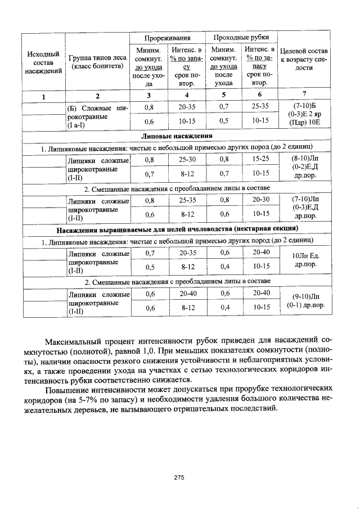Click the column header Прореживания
pos(167,38)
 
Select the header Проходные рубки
pos(241,38)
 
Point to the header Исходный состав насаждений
pos(43,62)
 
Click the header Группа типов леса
pos(97,62)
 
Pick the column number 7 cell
pos(304,94)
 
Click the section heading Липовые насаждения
pos(176,136)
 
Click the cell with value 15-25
pos(260,160)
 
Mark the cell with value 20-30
pos(260,200)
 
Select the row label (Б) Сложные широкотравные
pos(97,115)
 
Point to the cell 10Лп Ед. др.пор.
pos(304,259)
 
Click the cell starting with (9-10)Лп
pos(304,300)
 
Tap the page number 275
pos(179,477)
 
